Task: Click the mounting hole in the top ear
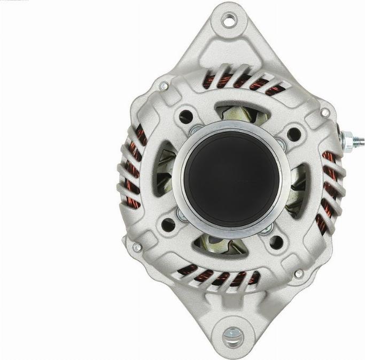[x=229, y=21]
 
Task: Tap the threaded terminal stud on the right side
[x=353, y=141]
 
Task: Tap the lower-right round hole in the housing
[x=276, y=242]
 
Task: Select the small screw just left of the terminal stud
[x=324, y=113]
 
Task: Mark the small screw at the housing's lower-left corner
[x=137, y=247]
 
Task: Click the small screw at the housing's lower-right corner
[x=299, y=273]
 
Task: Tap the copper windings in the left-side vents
[x=132, y=171]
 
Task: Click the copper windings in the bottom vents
[x=219, y=277]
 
